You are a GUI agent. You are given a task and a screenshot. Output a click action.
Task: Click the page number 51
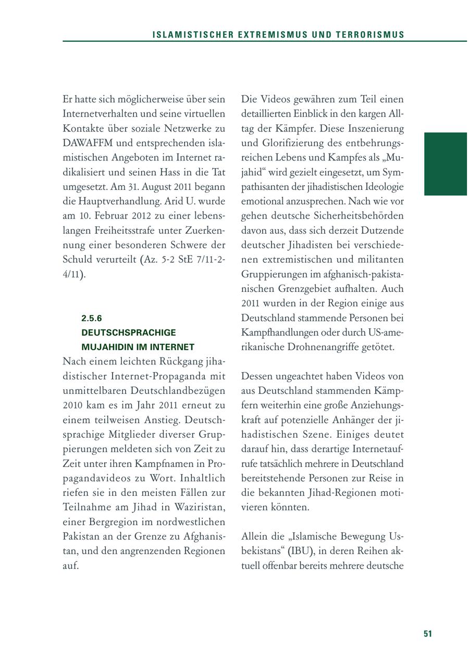click(428, 633)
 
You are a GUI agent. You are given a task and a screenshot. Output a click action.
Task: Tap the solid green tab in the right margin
click(445, 164)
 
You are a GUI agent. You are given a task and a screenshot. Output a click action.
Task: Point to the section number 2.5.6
click(91, 317)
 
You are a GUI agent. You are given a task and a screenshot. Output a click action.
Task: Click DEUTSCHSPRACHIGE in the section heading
click(129, 332)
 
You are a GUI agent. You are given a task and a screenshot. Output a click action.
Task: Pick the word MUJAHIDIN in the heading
click(105, 347)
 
